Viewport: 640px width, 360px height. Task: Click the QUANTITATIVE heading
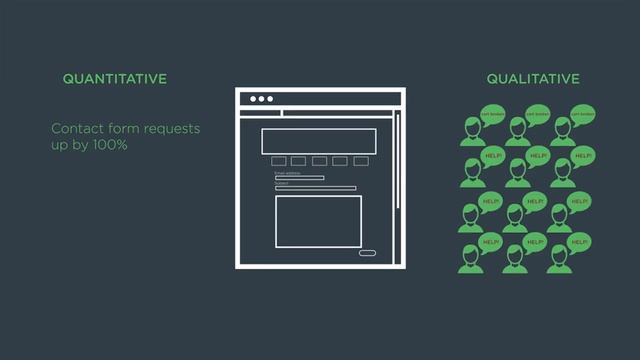[114, 78]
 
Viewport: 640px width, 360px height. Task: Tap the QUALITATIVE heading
[533, 78]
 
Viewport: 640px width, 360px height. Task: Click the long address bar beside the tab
[340, 113]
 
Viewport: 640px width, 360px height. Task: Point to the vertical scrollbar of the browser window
[397, 160]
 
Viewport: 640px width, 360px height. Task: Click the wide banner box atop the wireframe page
[319, 140]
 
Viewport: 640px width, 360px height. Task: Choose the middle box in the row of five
[319, 161]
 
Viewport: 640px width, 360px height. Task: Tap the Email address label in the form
[286, 173]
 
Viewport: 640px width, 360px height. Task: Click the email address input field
[299, 178]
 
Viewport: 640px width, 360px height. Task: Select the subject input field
[315, 188]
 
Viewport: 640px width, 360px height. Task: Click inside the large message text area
[318, 220]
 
